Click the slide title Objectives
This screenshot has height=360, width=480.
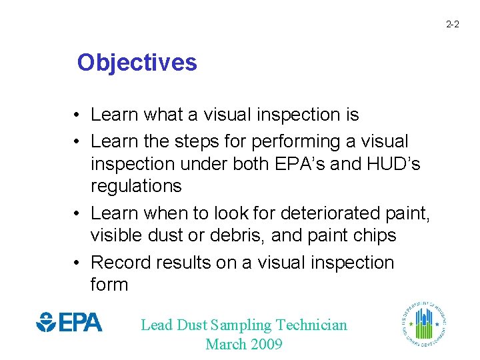137,63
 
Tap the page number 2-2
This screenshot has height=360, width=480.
452,25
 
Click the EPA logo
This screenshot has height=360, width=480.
69,322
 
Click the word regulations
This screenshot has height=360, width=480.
136,186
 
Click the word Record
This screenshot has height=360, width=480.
120,263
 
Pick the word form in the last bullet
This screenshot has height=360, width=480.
109,285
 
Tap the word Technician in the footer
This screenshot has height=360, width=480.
311,325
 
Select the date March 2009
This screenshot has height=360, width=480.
244,345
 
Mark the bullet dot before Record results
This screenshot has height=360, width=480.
78,263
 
